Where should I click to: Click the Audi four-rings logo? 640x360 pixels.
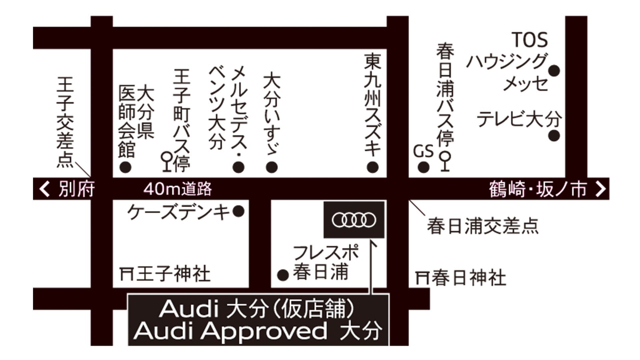[354, 220]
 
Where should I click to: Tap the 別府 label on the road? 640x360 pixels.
[77, 189]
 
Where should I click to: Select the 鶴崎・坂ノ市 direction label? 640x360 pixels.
[538, 189]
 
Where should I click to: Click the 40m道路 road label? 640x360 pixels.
[178, 189]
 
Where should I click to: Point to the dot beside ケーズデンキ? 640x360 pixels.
[238, 211]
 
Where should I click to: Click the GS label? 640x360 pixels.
[423, 152]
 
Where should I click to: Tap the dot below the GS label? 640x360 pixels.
[423, 167]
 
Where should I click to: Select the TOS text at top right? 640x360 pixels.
[530, 40]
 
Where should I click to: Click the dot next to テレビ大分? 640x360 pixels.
[554, 136]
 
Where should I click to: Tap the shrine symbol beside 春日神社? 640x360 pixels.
[422, 278]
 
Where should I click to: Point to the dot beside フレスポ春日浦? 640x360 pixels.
[283, 275]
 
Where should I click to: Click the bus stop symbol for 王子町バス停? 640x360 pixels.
[166, 162]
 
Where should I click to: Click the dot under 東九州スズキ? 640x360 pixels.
[373, 167]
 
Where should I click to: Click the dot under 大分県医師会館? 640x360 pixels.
[125, 167]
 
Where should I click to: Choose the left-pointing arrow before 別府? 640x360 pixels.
[44, 189]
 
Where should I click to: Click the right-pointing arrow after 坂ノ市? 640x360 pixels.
[600, 189]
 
